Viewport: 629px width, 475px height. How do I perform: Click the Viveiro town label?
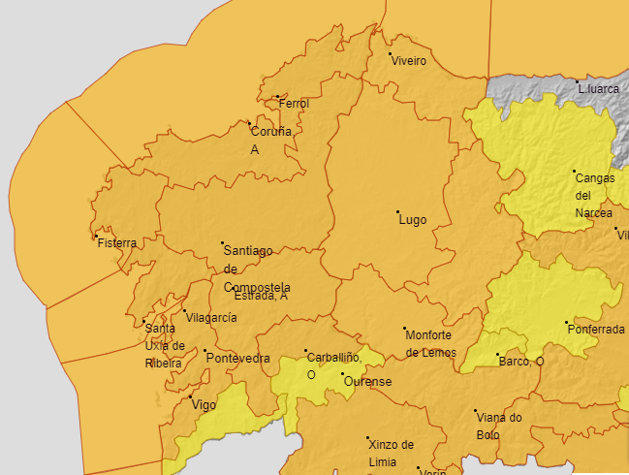tap(408, 61)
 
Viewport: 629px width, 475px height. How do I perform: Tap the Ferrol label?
tap(294, 104)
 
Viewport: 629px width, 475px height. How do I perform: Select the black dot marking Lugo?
tap(397, 211)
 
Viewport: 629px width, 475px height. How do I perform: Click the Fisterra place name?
tap(117, 243)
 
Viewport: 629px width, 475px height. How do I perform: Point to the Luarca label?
tap(598, 89)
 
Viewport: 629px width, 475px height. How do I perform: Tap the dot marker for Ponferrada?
tap(567, 323)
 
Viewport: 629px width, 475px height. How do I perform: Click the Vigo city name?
tap(204, 405)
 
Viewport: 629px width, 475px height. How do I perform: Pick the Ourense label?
tap(367, 382)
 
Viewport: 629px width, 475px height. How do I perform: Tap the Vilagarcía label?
tap(211, 318)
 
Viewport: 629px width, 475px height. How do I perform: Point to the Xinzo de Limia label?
tap(391, 453)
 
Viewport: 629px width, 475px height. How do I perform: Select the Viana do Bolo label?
tap(499, 426)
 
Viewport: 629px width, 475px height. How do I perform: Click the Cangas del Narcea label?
tap(594, 195)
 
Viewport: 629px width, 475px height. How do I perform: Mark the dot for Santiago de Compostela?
tap(222, 242)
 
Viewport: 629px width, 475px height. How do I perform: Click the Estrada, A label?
tap(261, 297)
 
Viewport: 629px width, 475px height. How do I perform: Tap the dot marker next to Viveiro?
tap(391, 54)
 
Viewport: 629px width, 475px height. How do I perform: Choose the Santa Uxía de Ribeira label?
tap(163, 345)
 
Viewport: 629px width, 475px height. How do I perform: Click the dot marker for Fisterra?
tap(96, 237)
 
